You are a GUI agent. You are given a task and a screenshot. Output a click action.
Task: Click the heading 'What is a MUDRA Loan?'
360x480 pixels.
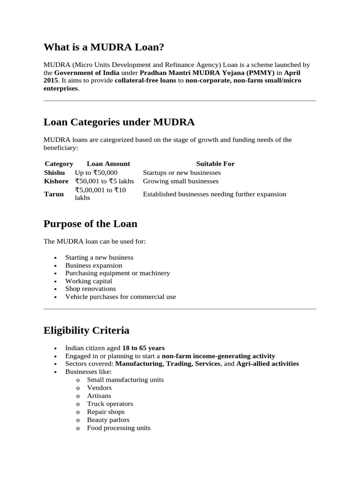point(104,47)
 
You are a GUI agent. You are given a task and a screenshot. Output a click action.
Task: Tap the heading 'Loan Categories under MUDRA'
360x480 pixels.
point(119,122)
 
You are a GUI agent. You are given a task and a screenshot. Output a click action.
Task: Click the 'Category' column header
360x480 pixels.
point(59,164)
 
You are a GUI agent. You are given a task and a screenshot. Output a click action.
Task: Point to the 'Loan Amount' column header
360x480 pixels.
point(108,164)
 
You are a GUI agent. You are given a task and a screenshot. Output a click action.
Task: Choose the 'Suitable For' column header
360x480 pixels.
point(215,164)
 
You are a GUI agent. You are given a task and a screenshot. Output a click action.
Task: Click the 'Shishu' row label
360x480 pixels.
point(54,172)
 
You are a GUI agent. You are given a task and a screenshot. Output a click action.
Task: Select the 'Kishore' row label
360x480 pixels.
point(56,181)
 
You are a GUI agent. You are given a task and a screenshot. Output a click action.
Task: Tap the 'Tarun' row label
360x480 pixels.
point(53,194)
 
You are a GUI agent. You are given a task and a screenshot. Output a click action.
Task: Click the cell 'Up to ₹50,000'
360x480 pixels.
point(96,172)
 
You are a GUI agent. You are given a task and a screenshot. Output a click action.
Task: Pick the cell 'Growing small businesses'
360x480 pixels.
point(180,181)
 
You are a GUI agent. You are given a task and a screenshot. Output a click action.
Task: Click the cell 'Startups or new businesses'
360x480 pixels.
point(182,172)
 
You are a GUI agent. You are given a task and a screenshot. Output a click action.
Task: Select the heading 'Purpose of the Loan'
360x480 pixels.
point(90,224)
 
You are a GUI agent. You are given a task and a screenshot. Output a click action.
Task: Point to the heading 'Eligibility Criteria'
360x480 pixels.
point(86,330)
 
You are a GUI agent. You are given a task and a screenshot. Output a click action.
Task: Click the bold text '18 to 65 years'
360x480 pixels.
point(143,348)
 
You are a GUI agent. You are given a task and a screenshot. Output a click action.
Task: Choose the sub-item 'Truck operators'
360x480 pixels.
point(110,404)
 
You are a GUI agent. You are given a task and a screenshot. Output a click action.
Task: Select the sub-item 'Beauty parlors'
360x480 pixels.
point(108,420)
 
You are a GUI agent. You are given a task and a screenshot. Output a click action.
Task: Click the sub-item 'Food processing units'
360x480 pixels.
point(119,427)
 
